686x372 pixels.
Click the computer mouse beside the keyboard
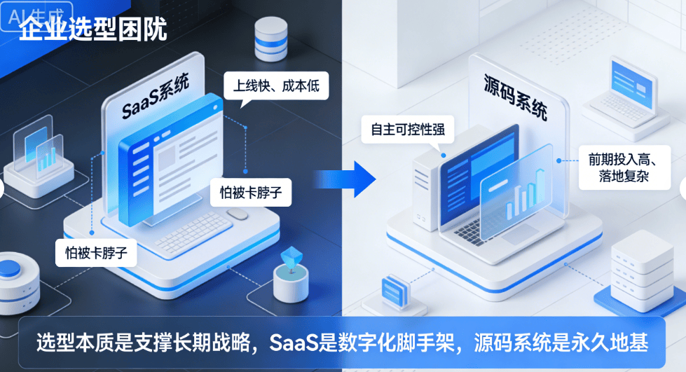[237, 213]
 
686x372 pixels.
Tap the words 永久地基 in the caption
[615, 343]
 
